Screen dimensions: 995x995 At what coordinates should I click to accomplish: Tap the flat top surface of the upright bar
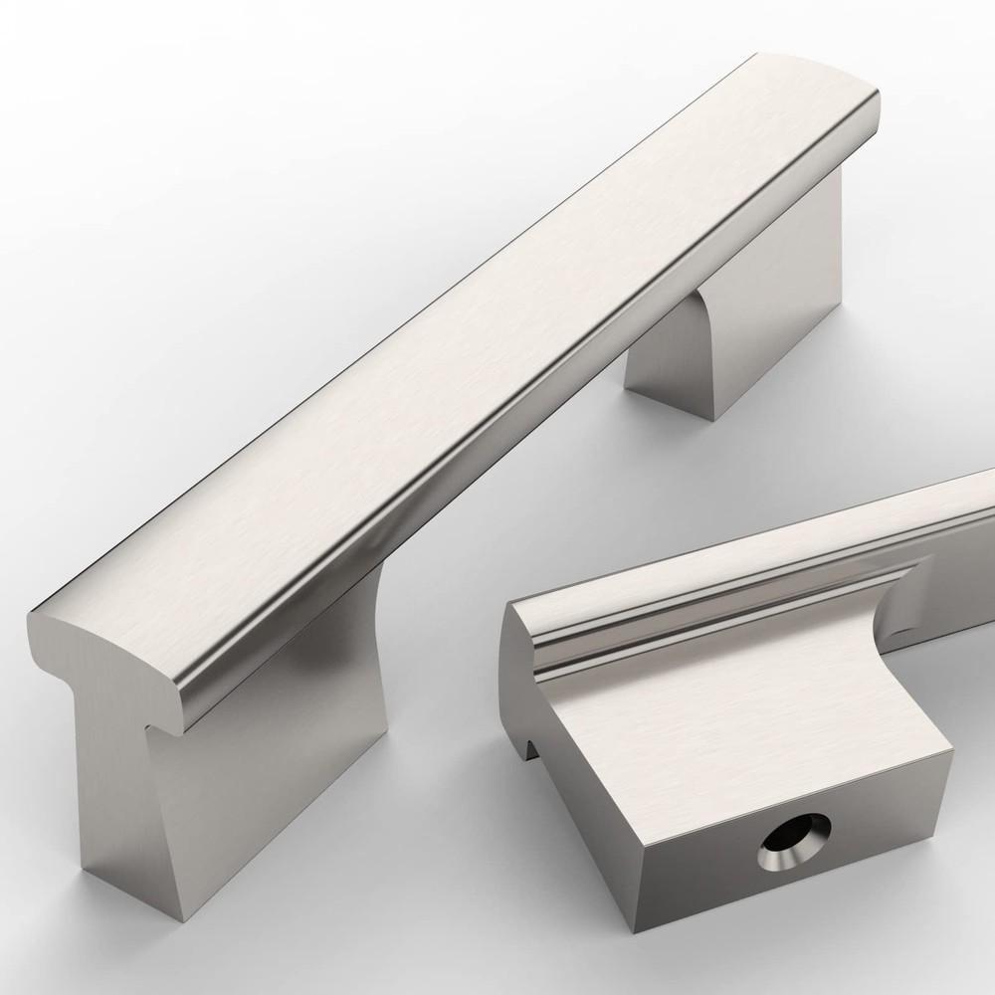click(448, 328)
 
